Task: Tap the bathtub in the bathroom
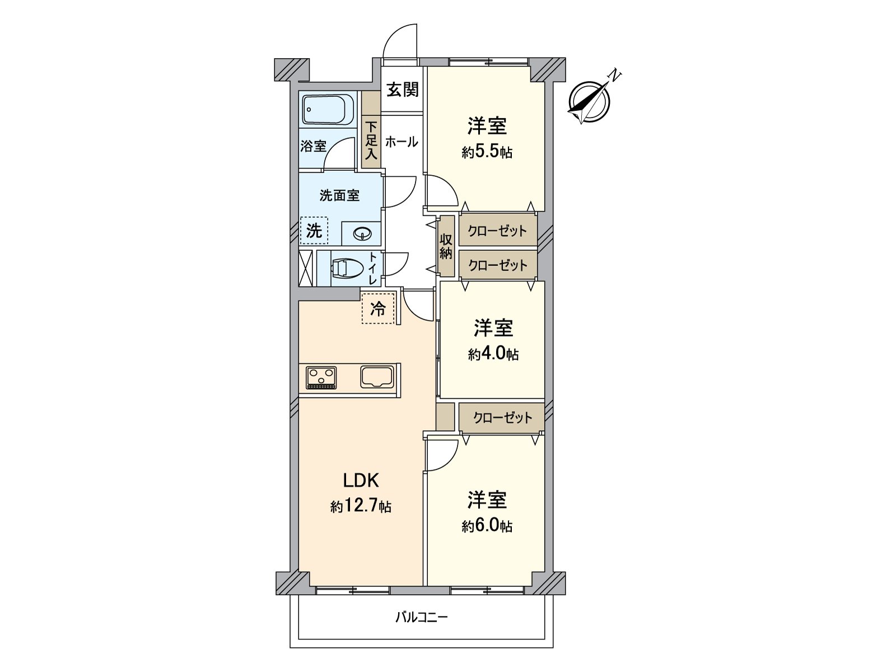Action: click(x=328, y=110)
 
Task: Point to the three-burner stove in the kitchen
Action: click(x=321, y=377)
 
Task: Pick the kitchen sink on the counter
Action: click(x=377, y=376)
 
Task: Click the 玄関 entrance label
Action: click(x=403, y=90)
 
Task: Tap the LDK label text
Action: click(x=361, y=480)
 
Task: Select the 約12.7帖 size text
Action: click(x=361, y=506)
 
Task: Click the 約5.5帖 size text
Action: click(x=487, y=152)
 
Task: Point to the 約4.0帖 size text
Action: click(x=493, y=354)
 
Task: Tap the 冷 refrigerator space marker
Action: click(x=378, y=309)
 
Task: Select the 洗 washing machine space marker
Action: click(x=314, y=231)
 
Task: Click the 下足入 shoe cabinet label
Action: click(x=371, y=141)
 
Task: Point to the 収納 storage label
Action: click(x=446, y=247)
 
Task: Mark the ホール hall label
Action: click(x=402, y=142)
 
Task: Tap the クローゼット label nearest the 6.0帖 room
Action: click(x=503, y=417)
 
